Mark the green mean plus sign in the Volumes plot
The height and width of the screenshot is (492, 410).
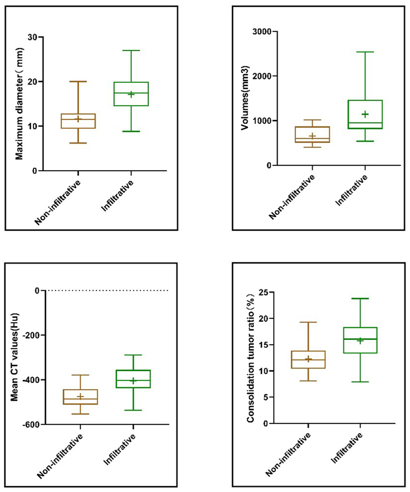point(365,114)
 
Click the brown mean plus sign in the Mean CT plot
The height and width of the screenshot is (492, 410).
point(80,397)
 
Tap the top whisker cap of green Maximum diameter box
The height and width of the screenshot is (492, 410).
point(131,50)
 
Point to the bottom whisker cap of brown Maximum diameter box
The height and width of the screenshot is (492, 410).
point(78,143)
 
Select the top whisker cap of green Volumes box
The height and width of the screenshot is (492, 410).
point(365,52)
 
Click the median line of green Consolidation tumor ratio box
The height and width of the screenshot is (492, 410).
point(360,339)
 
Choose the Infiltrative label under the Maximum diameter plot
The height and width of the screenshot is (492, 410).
point(118,196)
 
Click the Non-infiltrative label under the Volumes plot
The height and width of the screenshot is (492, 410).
point(292,197)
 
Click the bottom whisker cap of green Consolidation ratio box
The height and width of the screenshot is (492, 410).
point(360,382)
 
